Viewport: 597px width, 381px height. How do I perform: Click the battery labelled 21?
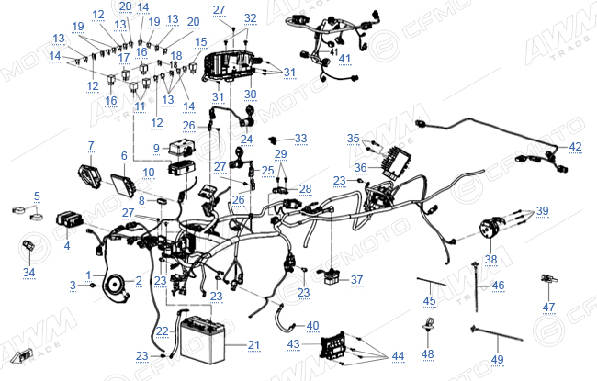click(203, 340)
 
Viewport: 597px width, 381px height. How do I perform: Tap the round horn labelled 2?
click(114, 284)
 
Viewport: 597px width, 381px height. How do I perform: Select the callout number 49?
click(497, 359)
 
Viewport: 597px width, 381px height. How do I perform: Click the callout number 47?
click(548, 307)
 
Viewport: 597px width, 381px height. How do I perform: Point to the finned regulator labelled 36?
click(397, 162)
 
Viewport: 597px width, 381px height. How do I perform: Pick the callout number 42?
click(575, 147)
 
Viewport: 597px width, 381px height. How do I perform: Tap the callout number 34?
click(29, 272)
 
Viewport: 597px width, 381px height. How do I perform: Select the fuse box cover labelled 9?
click(182, 147)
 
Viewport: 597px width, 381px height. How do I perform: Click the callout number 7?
click(91, 145)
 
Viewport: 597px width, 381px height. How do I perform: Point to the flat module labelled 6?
click(123, 185)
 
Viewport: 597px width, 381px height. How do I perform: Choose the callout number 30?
click(250, 94)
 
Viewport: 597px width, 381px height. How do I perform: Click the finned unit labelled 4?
click(69, 219)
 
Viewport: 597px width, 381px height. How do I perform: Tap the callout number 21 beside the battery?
click(253, 345)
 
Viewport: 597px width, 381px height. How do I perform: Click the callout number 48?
click(428, 354)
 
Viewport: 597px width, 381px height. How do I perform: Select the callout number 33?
click(300, 138)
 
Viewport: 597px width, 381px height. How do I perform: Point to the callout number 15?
click(200, 42)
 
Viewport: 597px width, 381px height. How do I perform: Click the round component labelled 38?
click(491, 228)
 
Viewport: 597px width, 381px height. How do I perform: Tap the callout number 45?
click(429, 301)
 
